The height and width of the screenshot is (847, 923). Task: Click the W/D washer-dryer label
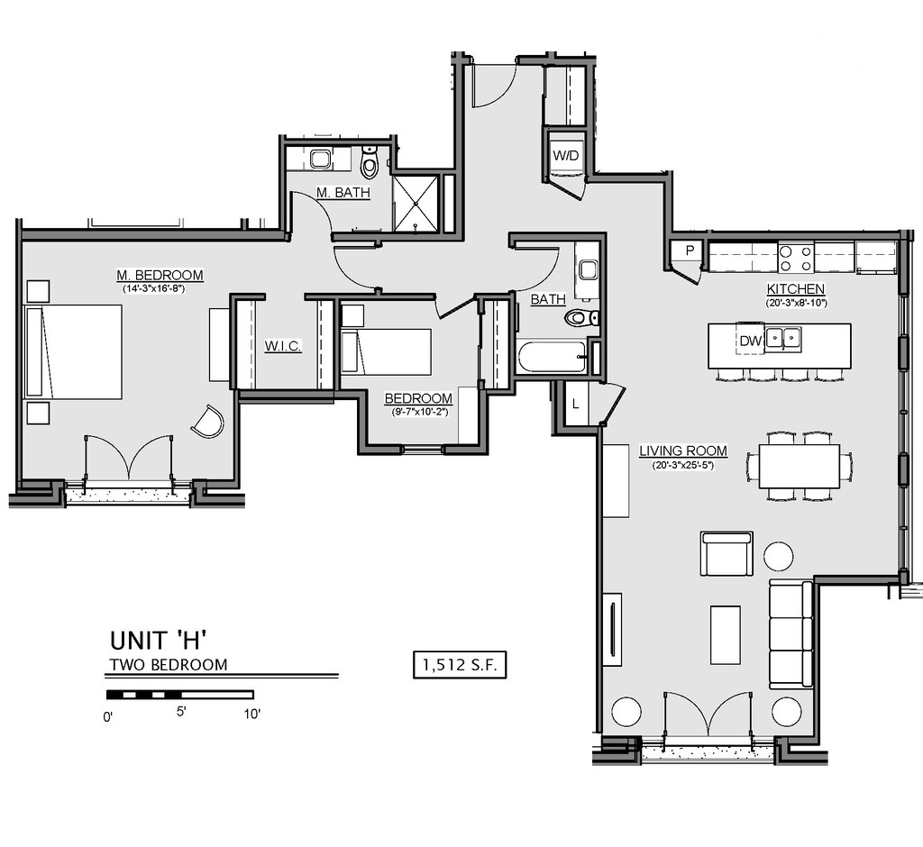566,156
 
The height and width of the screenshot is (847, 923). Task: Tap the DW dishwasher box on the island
750,340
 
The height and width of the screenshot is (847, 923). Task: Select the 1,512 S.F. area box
460,665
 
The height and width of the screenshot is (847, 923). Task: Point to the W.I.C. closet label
282,346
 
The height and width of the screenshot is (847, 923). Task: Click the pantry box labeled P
690,250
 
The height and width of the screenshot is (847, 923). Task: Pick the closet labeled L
576,404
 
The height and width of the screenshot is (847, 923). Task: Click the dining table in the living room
799,466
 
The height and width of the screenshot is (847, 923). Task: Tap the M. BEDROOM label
160,275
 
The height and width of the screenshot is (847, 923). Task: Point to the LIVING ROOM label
683,451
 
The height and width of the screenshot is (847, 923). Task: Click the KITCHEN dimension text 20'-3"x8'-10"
796,303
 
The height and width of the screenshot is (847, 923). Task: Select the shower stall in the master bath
416,203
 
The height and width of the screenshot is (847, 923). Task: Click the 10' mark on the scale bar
252,714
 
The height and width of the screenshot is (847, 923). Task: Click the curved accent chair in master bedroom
208,421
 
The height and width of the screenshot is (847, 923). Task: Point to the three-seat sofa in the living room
791,634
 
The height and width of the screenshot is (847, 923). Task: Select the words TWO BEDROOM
169,664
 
